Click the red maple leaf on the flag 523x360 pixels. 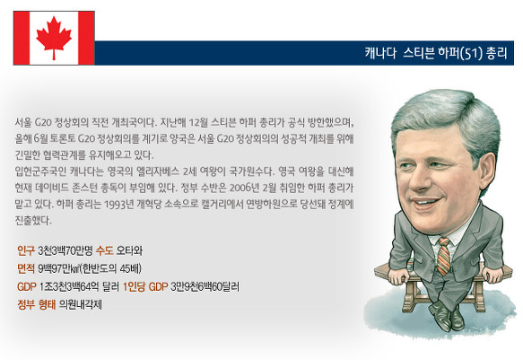click(54, 38)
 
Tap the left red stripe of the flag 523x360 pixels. click(22, 38)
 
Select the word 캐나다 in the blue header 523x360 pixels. click(380, 53)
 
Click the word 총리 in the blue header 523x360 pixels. click(497, 53)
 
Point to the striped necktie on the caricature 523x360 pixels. click(444, 256)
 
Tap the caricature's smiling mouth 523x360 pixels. click(426, 202)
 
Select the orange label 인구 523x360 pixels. click(26, 250)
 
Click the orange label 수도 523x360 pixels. click(104, 250)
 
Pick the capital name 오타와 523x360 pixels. click(129, 250)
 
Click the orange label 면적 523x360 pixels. click(26, 268)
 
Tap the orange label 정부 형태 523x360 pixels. click(37, 304)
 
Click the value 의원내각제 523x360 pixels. click(81, 304)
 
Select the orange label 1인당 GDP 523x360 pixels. click(145, 286)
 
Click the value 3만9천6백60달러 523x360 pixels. click(205, 286)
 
